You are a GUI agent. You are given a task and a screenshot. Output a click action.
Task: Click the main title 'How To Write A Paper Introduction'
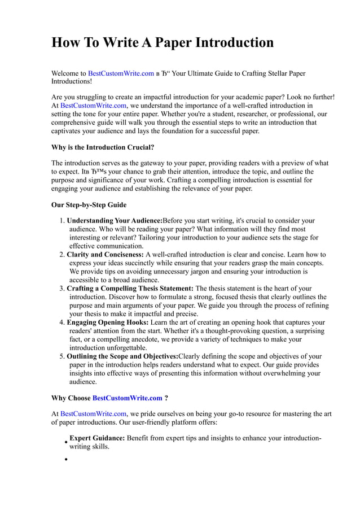coord(163,42)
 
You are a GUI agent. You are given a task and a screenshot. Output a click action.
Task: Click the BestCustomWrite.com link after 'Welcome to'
coord(121,73)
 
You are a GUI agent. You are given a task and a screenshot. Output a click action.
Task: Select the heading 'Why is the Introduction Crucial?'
coord(103,147)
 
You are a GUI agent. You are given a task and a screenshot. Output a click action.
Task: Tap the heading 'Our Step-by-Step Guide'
coord(89,204)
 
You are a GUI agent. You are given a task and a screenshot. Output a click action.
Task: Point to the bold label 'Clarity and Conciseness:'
coord(105,255)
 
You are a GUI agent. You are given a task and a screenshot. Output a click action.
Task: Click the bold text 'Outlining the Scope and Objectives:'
coord(122,356)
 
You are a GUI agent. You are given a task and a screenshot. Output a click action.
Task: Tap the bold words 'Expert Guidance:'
coord(97,438)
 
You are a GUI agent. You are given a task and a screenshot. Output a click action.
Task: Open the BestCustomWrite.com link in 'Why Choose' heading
coord(127,398)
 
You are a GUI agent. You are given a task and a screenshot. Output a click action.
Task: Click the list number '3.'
coord(62,289)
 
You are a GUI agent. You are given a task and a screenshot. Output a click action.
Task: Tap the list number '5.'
coord(62,356)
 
